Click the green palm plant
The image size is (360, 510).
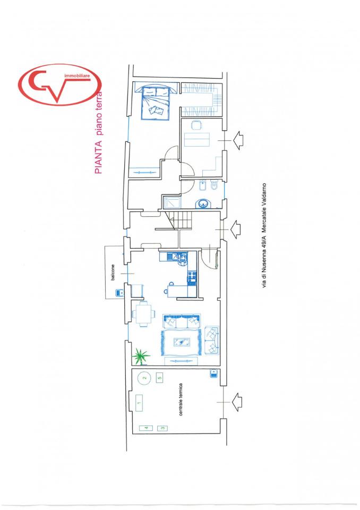coord(141,356)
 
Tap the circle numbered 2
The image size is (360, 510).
coord(145,378)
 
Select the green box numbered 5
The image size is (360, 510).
coord(159,378)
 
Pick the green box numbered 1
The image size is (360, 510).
coord(139,403)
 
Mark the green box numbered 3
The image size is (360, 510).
coord(162,428)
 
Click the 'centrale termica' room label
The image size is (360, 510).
coord(181,399)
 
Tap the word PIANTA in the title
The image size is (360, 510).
coord(98,157)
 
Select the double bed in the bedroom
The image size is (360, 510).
coord(155,100)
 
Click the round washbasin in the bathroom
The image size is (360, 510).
coord(203,203)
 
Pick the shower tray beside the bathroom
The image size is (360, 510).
coord(172,202)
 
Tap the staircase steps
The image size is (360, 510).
coord(178,220)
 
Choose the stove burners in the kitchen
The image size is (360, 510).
coord(191,278)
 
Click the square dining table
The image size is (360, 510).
coord(143,313)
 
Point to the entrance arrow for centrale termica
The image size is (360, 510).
coord(236,402)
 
